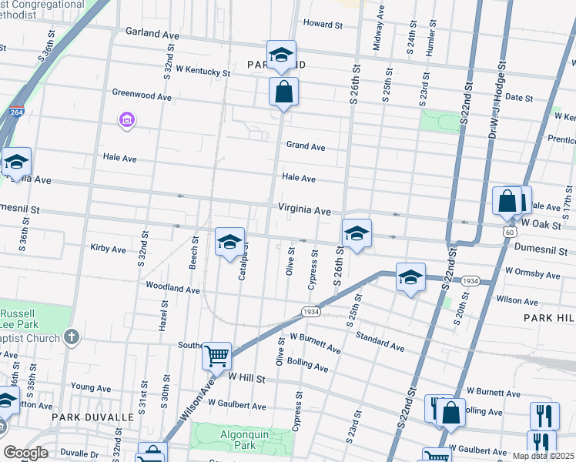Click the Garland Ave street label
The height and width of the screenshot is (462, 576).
155,34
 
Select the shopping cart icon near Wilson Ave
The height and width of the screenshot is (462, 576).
217,355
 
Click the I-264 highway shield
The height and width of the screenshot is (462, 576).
16,112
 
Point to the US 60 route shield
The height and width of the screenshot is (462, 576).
509,230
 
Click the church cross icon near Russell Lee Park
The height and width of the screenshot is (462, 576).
72,336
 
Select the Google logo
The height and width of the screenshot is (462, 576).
26,453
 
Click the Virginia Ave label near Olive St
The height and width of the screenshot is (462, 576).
304,210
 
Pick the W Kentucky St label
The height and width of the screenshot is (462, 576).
203,72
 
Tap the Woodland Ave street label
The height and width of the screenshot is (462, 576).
173,288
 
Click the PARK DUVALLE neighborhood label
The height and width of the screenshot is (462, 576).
92,417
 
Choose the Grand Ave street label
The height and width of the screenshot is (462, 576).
306,146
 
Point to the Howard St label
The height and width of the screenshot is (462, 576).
323,24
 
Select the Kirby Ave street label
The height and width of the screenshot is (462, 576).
108,249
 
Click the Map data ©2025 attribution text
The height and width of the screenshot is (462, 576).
542,456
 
